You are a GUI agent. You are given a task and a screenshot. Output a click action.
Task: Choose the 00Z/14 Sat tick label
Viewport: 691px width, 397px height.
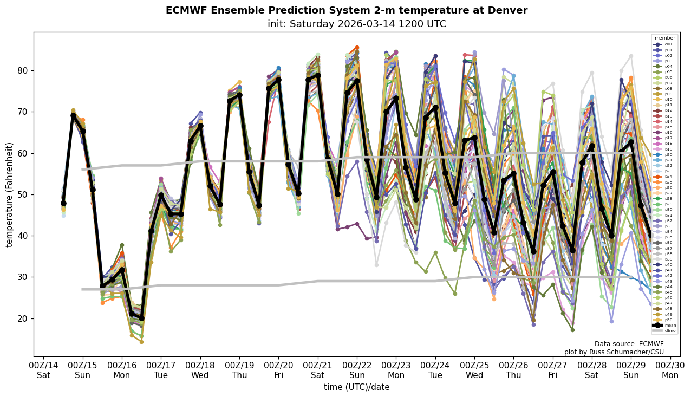tap(43, 370)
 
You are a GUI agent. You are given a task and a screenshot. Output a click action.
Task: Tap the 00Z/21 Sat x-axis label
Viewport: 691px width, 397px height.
tap(318, 370)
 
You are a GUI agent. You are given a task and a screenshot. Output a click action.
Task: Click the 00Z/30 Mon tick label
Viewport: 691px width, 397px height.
tap(670, 370)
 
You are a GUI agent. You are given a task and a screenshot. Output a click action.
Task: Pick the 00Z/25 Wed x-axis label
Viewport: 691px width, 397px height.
tap(475, 370)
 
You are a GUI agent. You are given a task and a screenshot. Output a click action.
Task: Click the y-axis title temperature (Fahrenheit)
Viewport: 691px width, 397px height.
tap(10, 194)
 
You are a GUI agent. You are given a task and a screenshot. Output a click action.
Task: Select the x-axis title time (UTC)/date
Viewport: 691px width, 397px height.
tap(356, 387)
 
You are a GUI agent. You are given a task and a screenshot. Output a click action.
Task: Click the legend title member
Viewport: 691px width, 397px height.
tap(665, 38)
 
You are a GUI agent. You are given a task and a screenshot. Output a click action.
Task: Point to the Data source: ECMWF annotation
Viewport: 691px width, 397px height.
tap(629, 344)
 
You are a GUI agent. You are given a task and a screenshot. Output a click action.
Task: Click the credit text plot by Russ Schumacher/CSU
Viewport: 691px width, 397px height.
tap(614, 352)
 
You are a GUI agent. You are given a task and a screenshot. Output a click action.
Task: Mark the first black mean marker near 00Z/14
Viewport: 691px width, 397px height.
tap(63, 203)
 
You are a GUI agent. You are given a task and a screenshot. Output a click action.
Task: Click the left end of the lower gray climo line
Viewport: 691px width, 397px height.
tap(83, 289)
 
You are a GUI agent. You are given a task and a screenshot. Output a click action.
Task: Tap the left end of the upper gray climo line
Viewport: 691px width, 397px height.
tap(83, 170)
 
